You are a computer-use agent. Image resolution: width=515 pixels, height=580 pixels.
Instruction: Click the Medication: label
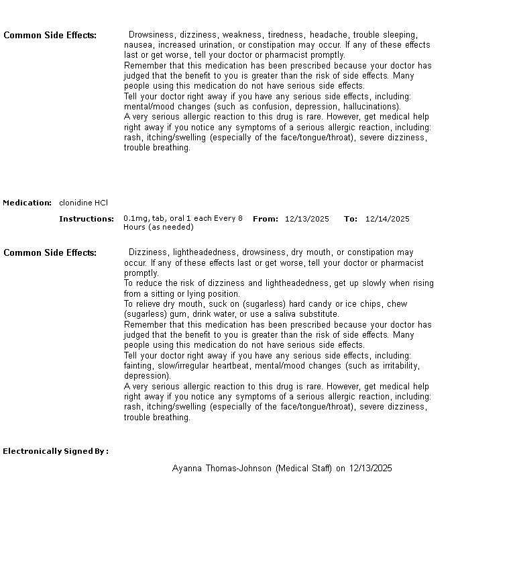(x=27, y=203)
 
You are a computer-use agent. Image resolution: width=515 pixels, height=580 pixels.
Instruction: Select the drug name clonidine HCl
(x=83, y=203)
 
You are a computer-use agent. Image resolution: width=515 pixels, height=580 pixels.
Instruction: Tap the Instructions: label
(x=87, y=219)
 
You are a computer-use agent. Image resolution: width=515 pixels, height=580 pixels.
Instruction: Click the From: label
(x=266, y=219)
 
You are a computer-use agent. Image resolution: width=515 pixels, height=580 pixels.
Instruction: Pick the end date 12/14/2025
(x=387, y=219)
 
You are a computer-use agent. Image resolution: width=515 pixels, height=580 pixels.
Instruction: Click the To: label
(x=351, y=219)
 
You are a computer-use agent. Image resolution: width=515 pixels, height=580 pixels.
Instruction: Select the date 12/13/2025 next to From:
(x=306, y=219)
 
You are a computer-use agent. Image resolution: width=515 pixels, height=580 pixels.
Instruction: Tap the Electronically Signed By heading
(x=56, y=451)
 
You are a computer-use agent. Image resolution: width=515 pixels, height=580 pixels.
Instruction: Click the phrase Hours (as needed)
(x=158, y=227)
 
